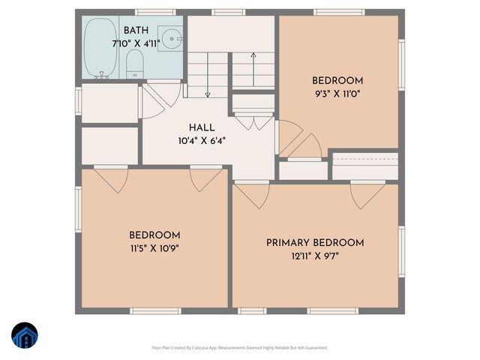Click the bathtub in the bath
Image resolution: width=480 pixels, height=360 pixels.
click(97, 47)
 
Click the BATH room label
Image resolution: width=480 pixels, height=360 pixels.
click(136, 30)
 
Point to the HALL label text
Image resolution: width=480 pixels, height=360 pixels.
click(202, 127)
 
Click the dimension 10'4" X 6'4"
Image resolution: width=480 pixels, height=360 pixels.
click(202, 140)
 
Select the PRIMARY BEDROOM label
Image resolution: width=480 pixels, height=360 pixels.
click(315, 243)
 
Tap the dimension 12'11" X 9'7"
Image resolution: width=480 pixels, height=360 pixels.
click(315, 256)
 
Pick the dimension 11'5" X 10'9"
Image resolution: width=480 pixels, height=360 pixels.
click(154, 247)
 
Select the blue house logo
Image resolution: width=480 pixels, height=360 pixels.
click(25, 335)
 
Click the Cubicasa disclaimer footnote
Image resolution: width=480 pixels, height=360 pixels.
click(240, 347)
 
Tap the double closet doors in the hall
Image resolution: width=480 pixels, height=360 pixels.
click(253, 120)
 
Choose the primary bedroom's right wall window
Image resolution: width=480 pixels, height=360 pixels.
click(401, 247)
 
